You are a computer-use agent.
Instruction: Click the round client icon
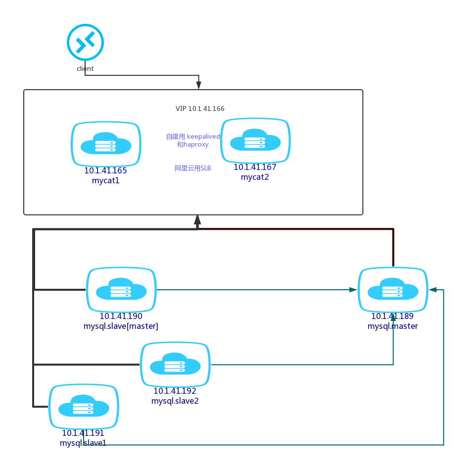85,42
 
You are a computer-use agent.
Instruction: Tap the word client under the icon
85,69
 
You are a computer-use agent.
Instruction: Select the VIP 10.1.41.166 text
200,108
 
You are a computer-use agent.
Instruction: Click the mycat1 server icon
106,144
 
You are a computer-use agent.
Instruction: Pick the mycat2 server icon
255,141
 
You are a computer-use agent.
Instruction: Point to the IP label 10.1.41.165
105,170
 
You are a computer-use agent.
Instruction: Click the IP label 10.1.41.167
255,167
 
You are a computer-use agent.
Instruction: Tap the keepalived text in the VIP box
203,137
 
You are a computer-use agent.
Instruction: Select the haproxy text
196,145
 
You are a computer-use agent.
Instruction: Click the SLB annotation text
193,168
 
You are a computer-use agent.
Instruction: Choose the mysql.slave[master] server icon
121,290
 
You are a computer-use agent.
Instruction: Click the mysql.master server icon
393,290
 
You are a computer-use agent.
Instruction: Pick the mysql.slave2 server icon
175,365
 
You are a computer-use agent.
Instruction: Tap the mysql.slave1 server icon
84,407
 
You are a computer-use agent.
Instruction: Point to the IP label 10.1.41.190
121,317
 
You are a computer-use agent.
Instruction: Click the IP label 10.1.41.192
175,391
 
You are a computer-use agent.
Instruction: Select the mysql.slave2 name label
175,401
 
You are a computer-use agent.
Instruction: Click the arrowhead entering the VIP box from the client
198,85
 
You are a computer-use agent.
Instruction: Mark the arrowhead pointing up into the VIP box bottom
197,219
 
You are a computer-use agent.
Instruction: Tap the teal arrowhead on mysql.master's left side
353,290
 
